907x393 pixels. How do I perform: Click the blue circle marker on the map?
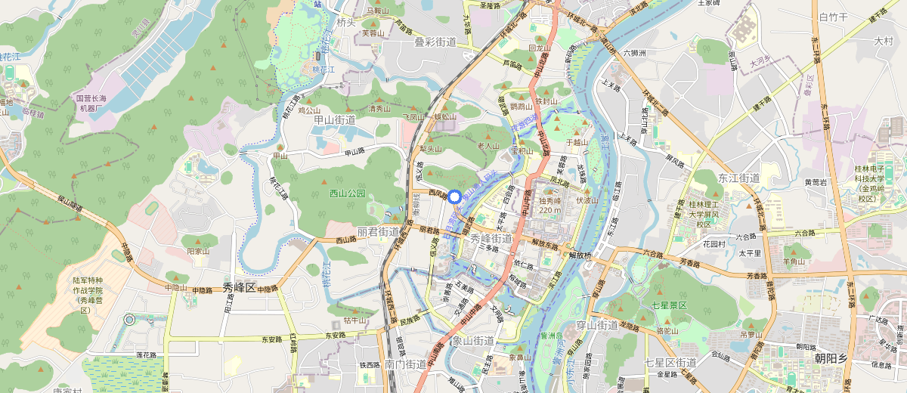pyautogui.click(x=454, y=196)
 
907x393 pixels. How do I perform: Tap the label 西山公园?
pyautogui.click(x=348, y=193)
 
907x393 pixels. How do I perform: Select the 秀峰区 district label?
pyautogui.click(x=240, y=287)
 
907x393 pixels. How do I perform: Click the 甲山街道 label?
pyautogui.click(x=334, y=119)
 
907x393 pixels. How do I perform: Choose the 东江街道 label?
pyautogui.click(x=738, y=178)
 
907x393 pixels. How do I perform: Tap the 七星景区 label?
pyautogui.click(x=666, y=305)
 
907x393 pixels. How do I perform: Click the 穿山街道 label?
pyautogui.click(x=597, y=325)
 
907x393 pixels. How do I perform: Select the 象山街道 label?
pyautogui.click(x=473, y=341)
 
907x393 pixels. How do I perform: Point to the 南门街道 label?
pyautogui.click(x=405, y=364)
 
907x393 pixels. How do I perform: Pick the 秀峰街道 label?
pyautogui.click(x=491, y=239)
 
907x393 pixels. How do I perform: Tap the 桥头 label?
pyautogui.click(x=345, y=23)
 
